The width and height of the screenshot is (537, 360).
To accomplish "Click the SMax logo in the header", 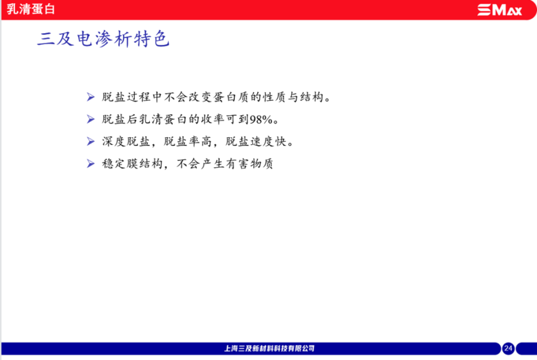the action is [x=500, y=10].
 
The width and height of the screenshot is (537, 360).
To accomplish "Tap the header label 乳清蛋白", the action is [x=31, y=9].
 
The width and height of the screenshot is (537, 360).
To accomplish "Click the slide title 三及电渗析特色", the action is [x=104, y=39].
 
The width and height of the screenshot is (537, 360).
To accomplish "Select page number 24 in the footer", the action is [x=508, y=348].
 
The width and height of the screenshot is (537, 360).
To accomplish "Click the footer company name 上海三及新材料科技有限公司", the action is [x=269, y=348].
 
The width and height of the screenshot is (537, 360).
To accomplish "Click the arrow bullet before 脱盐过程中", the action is [x=91, y=97].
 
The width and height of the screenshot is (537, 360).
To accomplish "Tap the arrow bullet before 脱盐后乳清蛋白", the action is [x=91, y=119].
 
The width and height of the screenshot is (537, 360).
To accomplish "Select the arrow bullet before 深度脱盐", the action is [x=91, y=142].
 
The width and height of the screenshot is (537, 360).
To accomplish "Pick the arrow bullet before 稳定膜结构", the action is [x=91, y=163].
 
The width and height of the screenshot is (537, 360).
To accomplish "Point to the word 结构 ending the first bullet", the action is [x=312, y=97].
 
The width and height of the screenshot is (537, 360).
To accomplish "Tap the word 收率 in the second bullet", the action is [x=213, y=119].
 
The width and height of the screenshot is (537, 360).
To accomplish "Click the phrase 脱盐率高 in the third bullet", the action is [x=189, y=142].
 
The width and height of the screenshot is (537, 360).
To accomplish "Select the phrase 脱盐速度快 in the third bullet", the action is [x=256, y=142].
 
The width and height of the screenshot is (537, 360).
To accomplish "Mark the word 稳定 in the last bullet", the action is [x=114, y=164].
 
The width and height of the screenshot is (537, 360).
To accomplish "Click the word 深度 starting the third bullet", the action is [x=114, y=142].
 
